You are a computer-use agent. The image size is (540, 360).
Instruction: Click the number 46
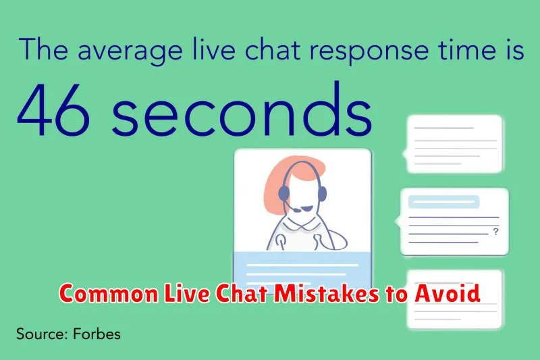53,109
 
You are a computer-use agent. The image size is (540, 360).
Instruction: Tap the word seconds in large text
242,107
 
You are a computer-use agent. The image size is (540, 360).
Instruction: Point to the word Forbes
97,334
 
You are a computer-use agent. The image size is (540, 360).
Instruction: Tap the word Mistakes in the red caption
327,294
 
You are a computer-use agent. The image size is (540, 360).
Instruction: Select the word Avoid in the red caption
448,293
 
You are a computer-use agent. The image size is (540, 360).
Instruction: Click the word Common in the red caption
109,294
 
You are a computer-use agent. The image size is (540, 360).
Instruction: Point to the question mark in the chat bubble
495,232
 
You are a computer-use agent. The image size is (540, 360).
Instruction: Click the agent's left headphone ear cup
283,194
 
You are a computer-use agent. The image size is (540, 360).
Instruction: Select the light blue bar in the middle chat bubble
443,202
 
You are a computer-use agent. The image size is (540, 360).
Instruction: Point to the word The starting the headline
44,49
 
